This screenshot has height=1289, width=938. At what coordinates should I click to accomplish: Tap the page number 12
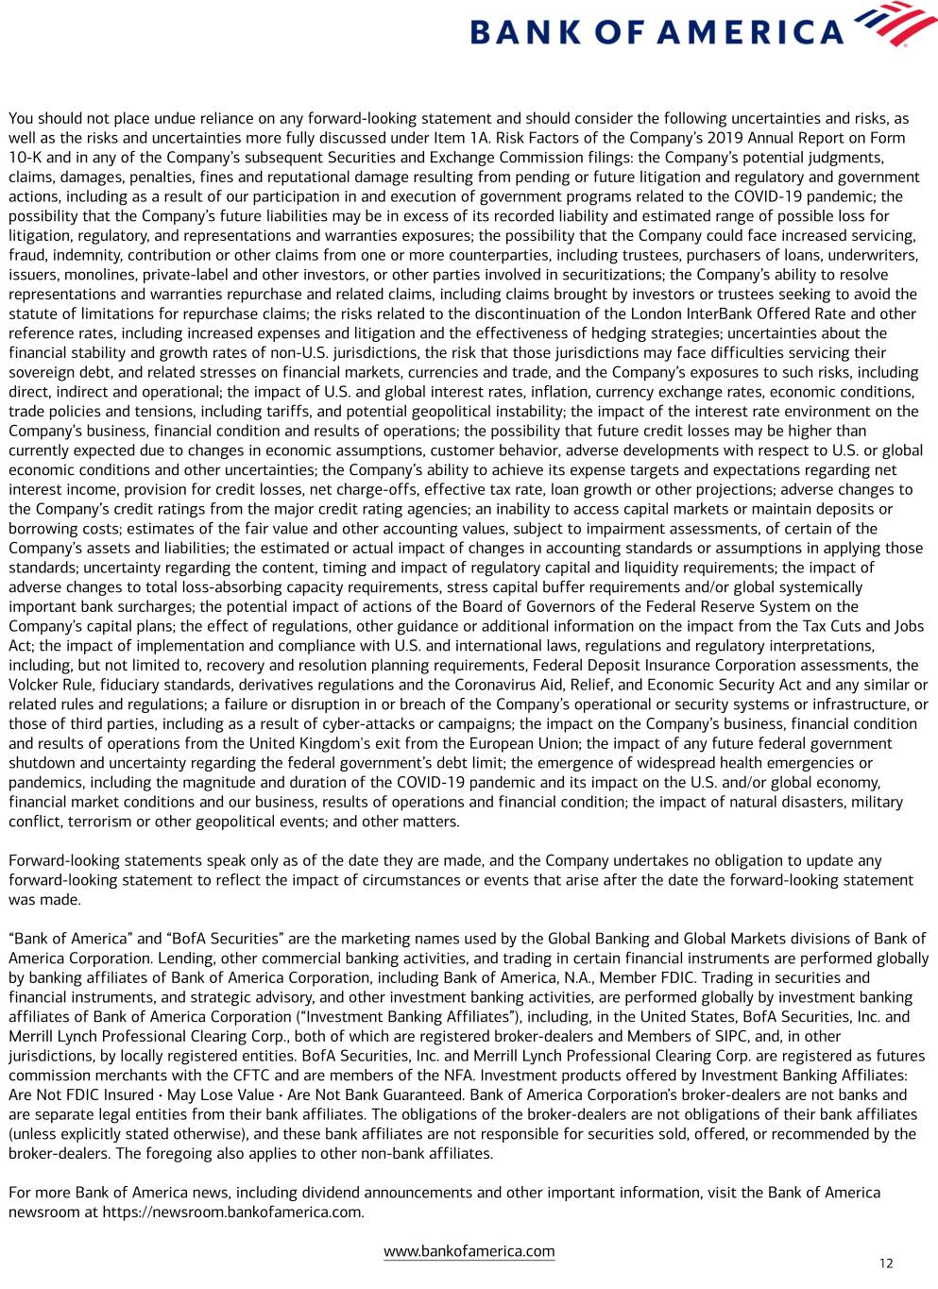click(885, 1264)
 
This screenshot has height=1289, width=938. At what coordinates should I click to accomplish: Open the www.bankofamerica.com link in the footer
click(469, 1251)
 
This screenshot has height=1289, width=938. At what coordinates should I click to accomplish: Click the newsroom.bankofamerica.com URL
click(232, 1212)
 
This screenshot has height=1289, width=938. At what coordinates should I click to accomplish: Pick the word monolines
click(98, 275)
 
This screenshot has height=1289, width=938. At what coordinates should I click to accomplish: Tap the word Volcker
click(34, 685)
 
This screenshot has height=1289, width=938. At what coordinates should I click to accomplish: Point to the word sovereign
click(41, 372)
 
